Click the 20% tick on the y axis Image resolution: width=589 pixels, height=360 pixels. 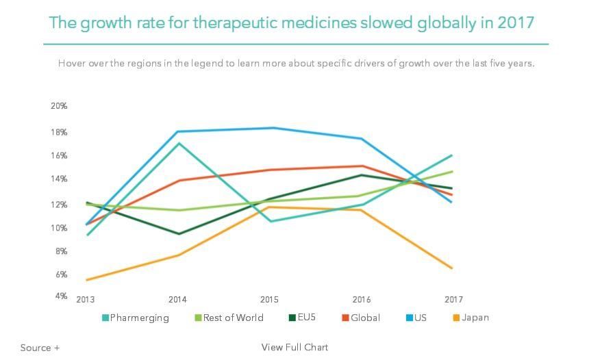point(59,106)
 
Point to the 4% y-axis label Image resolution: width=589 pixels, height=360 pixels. point(61,296)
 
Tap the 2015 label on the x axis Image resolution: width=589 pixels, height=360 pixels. point(269,300)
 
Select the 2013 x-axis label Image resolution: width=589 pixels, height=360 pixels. point(86,300)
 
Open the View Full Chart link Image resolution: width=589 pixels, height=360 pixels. point(294,348)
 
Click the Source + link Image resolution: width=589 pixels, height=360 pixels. point(40,348)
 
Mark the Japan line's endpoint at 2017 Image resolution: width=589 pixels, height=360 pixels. point(452,268)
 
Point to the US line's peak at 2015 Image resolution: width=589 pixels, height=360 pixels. point(271,128)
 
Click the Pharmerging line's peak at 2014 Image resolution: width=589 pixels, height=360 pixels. point(179,143)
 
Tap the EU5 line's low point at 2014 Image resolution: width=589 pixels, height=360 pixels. point(179,234)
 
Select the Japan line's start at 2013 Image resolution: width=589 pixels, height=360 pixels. point(87,280)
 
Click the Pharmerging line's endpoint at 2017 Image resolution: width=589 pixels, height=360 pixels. point(452,155)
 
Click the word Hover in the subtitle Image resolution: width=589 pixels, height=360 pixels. point(73,63)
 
